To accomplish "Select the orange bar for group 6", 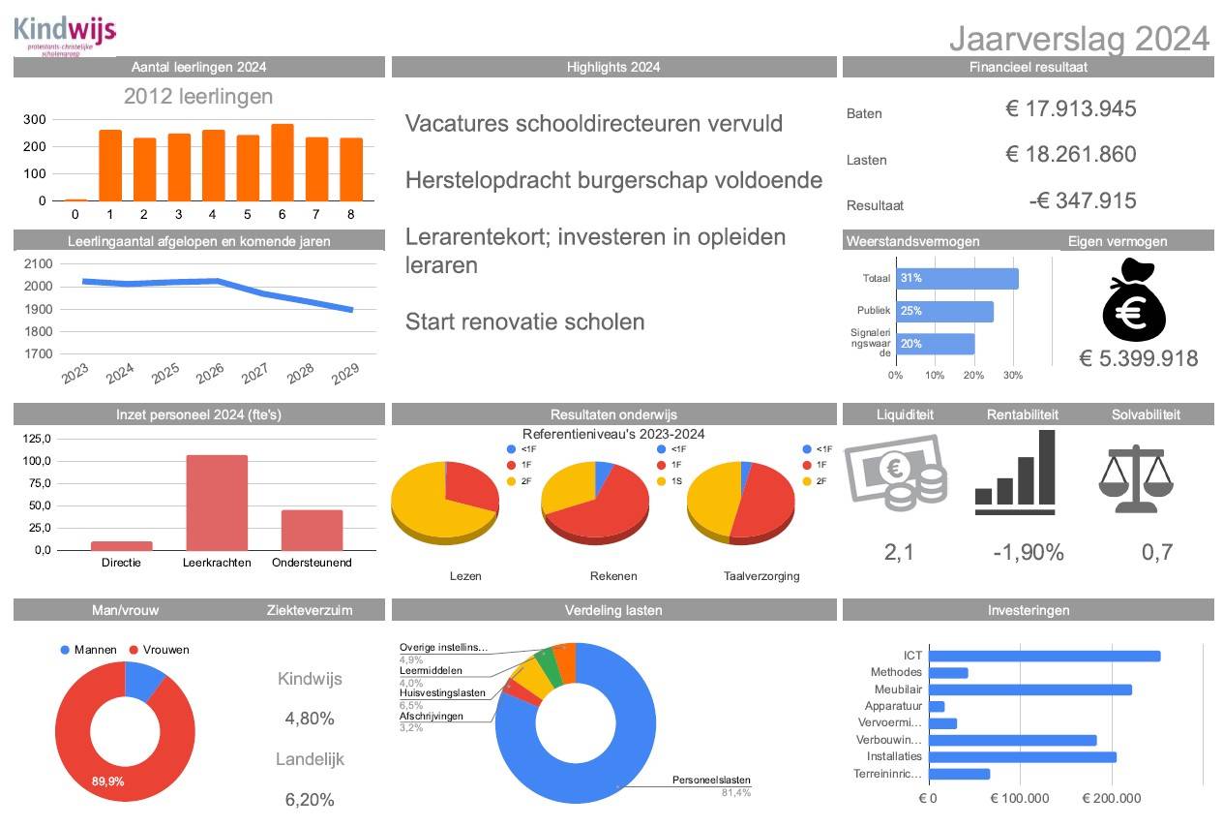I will (282, 163).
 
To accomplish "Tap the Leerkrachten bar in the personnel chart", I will (216, 503).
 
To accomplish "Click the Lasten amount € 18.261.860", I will (1070, 155).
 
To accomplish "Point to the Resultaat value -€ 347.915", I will (1083, 201).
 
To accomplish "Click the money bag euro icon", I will (1135, 300).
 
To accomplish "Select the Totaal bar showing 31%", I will (957, 279).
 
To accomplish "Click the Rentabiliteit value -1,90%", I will (1028, 553).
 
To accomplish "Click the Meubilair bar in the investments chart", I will (1029, 689).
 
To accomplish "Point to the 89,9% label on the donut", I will (107, 781).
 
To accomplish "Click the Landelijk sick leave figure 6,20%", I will (310, 800).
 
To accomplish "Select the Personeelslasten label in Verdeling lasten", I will (711, 781).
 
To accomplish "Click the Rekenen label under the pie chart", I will (613, 576).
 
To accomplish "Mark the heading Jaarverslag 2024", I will (1079, 38).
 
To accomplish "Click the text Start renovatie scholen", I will (524, 322).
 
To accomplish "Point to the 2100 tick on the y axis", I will (38, 263).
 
